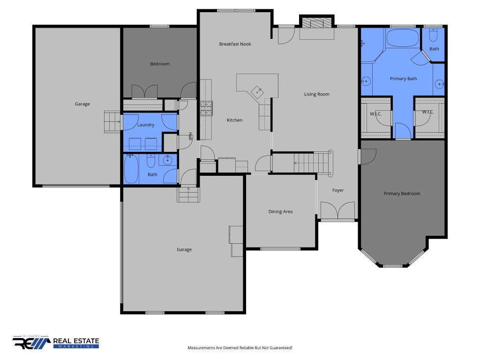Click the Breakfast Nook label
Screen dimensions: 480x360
pyautogui.click(x=235, y=44)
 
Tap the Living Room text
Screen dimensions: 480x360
pyautogui.click(x=316, y=94)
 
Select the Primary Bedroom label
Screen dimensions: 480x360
pyautogui.click(x=402, y=194)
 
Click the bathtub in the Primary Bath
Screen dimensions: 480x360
pyautogui.click(x=403, y=38)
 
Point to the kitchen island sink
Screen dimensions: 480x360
pyautogui.click(x=256, y=91)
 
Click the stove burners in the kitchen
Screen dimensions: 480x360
pyautogui.click(x=206, y=108)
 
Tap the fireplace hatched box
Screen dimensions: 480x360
pyautogui.click(x=316, y=23)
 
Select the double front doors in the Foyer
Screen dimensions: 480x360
pyautogui.click(x=337, y=210)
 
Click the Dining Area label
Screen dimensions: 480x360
pyautogui.click(x=280, y=211)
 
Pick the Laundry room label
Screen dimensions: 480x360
pyautogui.click(x=146, y=125)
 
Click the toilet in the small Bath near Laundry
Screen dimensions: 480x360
pyautogui.click(x=151, y=161)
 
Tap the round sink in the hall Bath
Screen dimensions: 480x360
pyautogui.click(x=167, y=160)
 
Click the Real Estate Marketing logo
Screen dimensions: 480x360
pyautogui.click(x=56, y=342)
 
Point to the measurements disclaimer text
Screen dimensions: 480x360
pyautogui.click(x=240, y=348)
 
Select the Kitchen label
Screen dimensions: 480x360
pyautogui.click(x=234, y=120)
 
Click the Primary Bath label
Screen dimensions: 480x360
pyautogui.click(x=403, y=79)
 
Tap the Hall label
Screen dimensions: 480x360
pyautogui.click(x=190, y=136)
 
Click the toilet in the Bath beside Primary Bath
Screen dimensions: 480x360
pyautogui.click(x=433, y=35)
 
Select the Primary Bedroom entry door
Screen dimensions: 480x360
pyautogui.click(x=367, y=157)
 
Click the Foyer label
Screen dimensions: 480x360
pyautogui.click(x=338, y=190)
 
